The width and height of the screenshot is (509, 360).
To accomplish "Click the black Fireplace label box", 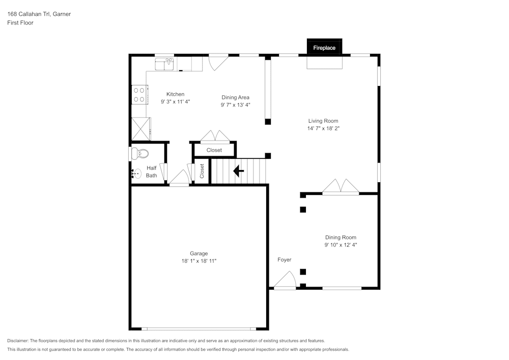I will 324,47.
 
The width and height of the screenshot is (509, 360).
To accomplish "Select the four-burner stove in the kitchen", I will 139,94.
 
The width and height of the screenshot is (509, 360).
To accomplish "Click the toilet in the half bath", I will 139,153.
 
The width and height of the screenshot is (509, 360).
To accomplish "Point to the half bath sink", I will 135,173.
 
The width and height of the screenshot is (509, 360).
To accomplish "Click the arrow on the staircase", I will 238,171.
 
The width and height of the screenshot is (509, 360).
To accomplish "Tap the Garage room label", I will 199,253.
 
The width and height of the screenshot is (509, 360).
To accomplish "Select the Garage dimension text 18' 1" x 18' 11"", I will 199,261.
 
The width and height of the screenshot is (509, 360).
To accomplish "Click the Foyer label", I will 285,260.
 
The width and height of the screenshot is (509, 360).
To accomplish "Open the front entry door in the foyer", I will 285,281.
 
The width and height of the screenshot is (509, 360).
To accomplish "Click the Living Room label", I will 323,121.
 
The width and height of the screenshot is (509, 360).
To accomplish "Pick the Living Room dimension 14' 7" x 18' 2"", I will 323,128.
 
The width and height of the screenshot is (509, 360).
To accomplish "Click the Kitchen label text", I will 175,94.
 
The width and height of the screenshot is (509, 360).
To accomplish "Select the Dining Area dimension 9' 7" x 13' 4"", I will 235,105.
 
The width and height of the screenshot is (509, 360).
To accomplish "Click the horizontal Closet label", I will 214,150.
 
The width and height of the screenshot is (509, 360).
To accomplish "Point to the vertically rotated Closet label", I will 202,171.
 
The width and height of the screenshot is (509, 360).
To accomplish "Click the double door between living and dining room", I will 341,187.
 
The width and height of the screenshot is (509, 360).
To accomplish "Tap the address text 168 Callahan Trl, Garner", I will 39,14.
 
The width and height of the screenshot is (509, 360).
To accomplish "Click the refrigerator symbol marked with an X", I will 141,128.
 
